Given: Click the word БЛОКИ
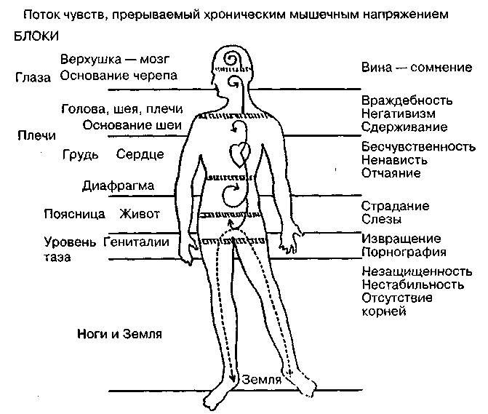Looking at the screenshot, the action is click(36, 36).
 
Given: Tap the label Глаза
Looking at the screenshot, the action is click(33, 78).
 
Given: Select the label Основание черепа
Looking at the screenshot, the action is click(119, 76).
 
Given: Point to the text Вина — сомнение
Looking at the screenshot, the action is click(417, 67).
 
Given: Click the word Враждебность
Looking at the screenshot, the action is click(407, 100).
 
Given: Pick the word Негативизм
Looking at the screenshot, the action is click(399, 114).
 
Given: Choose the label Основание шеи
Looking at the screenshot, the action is click(132, 125).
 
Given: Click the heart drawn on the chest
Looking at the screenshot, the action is click(240, 155).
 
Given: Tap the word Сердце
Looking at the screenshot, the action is click(140, 155).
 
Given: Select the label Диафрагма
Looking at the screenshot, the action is click(119, 186).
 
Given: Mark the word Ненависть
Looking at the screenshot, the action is click(394, 160).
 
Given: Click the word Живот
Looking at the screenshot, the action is click(140, 214).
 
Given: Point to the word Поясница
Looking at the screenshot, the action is click(75, 214).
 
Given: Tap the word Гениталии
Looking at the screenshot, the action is click(136, 242).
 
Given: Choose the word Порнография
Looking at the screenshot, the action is click(404, 252).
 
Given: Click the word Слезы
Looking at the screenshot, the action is click(382, 219).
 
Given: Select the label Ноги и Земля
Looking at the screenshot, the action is click(119, 334).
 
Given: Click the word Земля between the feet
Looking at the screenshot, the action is click(261, 380).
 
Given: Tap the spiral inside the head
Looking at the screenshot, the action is click(232, 59).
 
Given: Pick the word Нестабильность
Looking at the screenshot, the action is click(412, 285).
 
